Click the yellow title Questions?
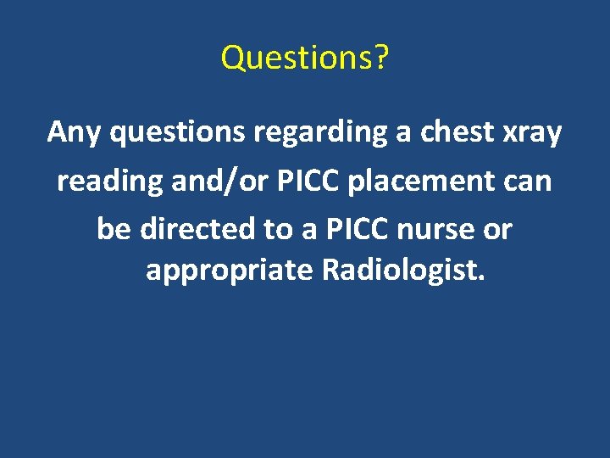click(304, 58)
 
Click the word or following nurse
click(500, 229)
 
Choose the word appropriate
click(230, 273)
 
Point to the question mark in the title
click(380, 58)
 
